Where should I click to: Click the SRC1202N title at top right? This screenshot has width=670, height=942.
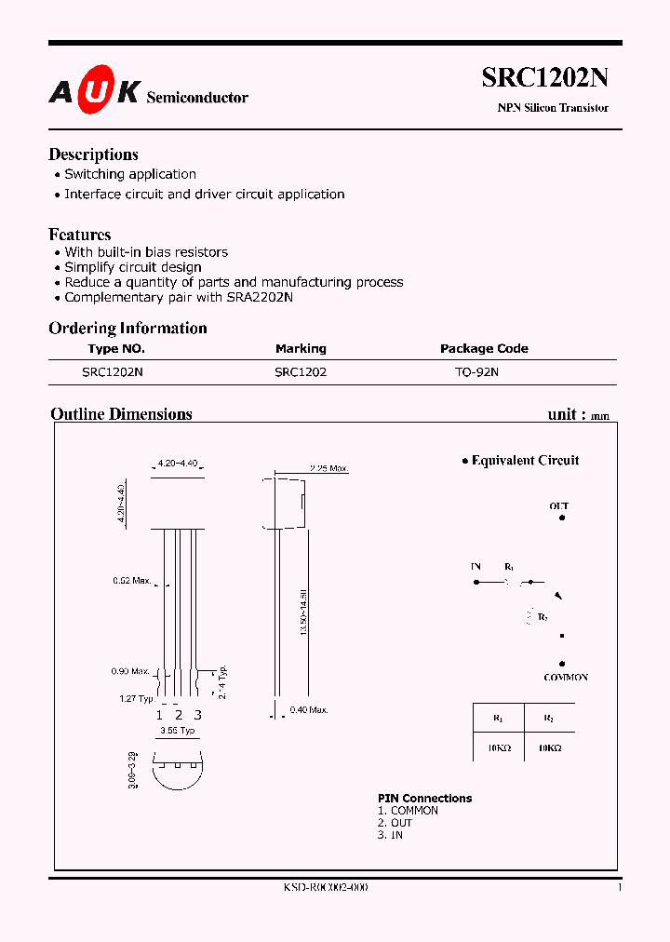(544, 78)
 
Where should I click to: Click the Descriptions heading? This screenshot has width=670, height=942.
(93, 155)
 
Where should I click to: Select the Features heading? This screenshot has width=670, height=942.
(80, 235)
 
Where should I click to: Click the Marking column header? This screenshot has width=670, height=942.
(301, 349)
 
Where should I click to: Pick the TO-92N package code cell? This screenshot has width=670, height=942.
(476, 371)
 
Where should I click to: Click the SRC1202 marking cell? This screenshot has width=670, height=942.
(301, 371)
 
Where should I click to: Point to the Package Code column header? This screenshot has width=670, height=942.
(484, 349)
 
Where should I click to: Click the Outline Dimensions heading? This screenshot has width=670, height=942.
(121, 414)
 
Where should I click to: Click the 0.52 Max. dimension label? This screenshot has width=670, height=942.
(132, 581)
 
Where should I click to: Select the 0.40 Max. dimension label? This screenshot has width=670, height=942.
(309, 711)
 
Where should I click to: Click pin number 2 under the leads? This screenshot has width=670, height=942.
(179, 715)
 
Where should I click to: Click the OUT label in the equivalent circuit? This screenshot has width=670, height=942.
(558, 506)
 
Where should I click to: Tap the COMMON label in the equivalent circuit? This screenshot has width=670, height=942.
(566, 678)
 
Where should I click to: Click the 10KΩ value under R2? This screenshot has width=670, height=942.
(548, 747)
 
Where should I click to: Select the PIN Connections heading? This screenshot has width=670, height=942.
(424, 799)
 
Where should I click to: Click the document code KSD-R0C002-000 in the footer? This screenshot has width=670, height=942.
(326, 888)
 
